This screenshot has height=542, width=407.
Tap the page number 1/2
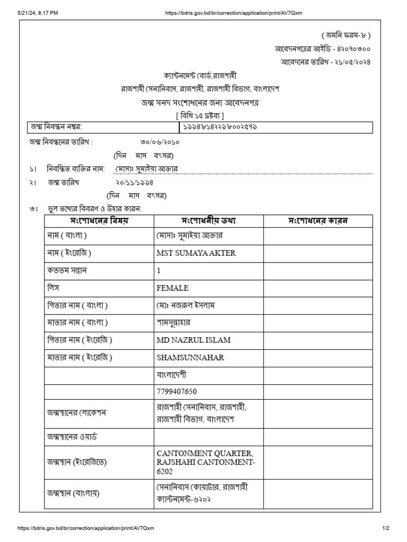[386, 528]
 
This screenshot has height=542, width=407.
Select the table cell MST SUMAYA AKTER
[196, 253]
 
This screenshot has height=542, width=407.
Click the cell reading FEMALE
[173, 288]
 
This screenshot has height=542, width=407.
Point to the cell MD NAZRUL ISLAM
[193, 340]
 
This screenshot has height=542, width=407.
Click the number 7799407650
[176, 392]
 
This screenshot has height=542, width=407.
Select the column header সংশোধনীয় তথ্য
[208, 221]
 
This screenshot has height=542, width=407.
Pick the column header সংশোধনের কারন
[317, 221]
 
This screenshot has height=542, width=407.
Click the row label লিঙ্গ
[53, 287]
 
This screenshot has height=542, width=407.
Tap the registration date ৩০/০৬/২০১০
[160, 143]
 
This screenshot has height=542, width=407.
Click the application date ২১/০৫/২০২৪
[348, 61]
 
